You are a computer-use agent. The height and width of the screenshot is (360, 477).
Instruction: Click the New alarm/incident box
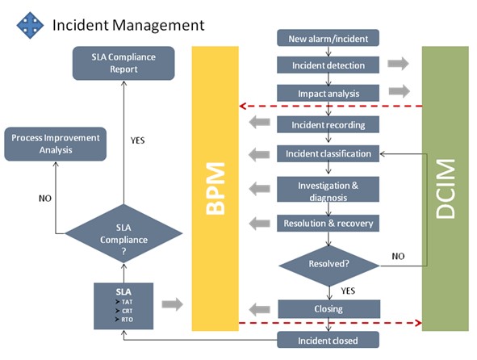pyautogui.click(x=328, y=38)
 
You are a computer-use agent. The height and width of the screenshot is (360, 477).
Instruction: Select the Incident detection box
pyautogui.click(x=328, y=65)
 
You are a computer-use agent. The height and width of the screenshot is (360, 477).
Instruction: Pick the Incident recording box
pyautogui.click(x=328, y=125)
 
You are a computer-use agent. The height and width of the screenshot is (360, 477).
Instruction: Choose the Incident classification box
pyautogui.click(x=328, y=153)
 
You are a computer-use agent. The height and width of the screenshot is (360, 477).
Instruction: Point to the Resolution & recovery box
pyautogui.click(x=328, y=223)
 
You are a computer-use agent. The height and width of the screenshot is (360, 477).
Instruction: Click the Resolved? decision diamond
pyautogui.click(x=328, y=263)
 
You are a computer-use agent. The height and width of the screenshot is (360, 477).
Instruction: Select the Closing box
pyautogui.click(x=328, y=308)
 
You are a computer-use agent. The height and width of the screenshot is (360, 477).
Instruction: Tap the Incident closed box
pyautogui.click(x=328, y=340)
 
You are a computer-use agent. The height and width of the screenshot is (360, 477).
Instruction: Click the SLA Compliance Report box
pyautogui.click(x=123, y=63)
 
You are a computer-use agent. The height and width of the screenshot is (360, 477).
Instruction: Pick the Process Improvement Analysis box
pyautogui.click(x=56, y=144)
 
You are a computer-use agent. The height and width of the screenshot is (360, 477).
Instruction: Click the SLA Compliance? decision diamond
pyautogui.click(x=123, y=235)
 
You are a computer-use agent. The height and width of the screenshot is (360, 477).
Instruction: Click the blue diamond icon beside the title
pyautogui.click(x=30, y=26)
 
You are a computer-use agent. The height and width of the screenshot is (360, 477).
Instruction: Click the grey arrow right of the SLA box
pyautogui.click(x=171, y=304)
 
